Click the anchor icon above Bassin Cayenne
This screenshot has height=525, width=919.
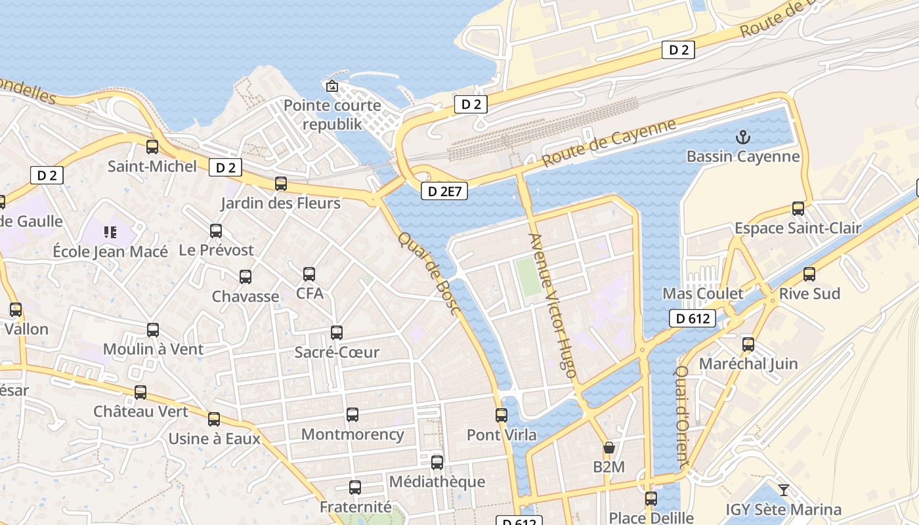[x=743, y=137]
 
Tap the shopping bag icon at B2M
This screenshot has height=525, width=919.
[x=609, y=448]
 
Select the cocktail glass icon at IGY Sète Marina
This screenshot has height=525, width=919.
[x=783, y=490]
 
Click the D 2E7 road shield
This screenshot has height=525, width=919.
[x=444, y=191]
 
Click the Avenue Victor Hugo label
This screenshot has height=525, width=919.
[x=553, y=305]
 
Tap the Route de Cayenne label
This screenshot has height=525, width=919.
[x=609, y=142]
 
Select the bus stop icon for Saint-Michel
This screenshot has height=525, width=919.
[x=152, y=147]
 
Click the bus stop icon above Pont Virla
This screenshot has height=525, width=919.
[x=502, y=415]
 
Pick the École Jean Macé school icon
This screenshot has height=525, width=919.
[x=110, y=232]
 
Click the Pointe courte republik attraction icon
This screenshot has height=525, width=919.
[x=332, y=86]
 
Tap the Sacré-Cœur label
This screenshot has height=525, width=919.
[x=337, y=352]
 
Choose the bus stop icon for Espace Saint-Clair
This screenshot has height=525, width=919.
[x=798, y=209]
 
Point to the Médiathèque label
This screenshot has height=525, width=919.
[x=437, y=482]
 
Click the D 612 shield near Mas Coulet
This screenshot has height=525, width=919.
[x=693, y=319]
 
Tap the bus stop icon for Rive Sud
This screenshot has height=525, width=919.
[x=809, y=274]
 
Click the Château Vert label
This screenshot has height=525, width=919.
[x=140, y=411]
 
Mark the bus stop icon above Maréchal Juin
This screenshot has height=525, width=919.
[x=748, y=345]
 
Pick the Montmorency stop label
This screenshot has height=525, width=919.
[x=353, y=434]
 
